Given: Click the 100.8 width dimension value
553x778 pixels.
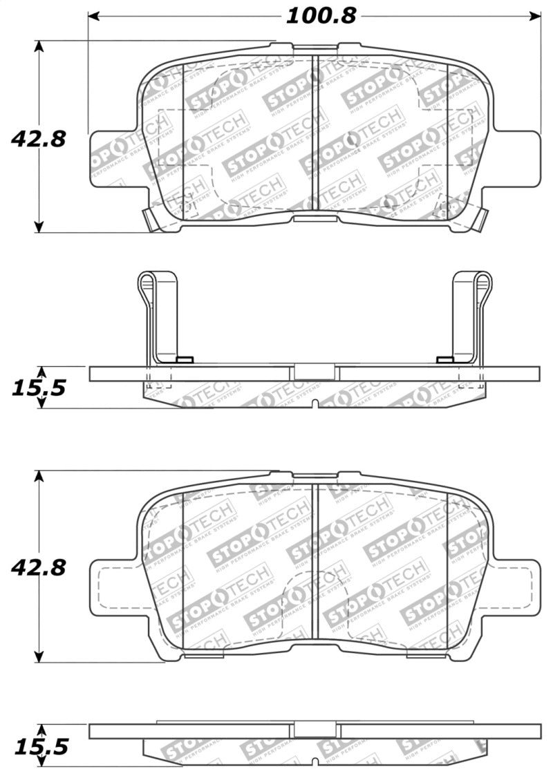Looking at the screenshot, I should pos(321,15).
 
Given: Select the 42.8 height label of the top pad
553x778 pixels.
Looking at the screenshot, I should pos(38,139).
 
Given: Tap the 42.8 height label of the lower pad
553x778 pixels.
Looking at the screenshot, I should pos(38,568).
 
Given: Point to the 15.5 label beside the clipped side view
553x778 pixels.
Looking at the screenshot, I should pos(38,388).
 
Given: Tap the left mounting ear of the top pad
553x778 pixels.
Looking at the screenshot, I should pos(111,158).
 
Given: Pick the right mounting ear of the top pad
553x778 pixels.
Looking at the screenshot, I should pos(518,158).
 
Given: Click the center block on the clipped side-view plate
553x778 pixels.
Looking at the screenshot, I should pos(315,372).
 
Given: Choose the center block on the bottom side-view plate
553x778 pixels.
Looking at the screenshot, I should pos(315,731).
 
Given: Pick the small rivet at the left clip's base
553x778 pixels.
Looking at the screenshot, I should pos(184,359).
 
